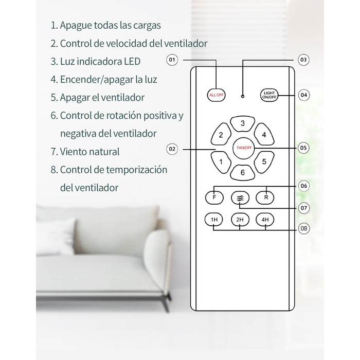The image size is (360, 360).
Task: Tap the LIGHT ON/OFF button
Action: click(x=269, y=95)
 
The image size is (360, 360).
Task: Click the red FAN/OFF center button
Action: click(x=244, y=148)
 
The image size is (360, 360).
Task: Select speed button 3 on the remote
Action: click(x=243, y=124)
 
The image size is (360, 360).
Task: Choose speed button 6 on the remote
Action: click(x=243, y=173)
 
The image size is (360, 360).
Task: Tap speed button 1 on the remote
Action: click(x=221, y=162)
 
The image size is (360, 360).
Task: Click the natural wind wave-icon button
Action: click(x=240, y=197)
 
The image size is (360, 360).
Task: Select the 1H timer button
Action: click(x=214, y=220)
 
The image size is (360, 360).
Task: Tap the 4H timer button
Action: click(x=265, y=220)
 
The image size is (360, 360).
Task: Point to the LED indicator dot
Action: click(x=243, y=97)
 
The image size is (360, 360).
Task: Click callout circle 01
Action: click(x=172, y=60)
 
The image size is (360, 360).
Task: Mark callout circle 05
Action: click(x=303, y=148)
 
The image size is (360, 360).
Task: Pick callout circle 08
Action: click(x=303, y=228)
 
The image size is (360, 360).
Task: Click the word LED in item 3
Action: click(x=132, y=61)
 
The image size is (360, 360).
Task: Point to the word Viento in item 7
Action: click(x=73, y=152)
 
